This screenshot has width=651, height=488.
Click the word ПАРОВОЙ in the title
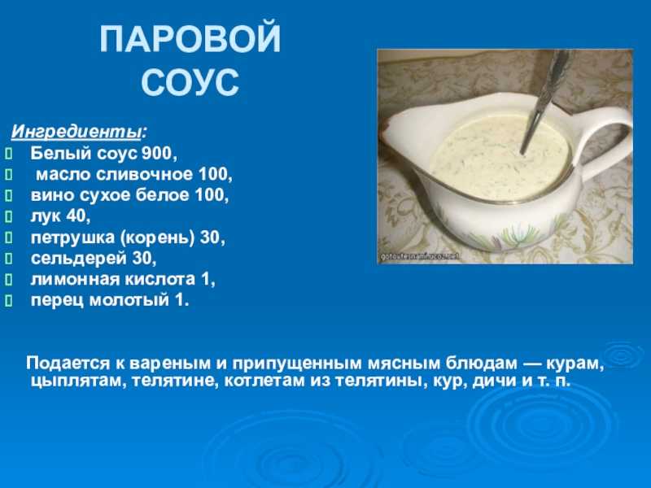(190, 39)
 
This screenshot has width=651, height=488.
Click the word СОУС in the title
(190, 81)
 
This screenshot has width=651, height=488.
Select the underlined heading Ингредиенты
(76, 132)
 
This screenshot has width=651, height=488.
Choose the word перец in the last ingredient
(57, 301)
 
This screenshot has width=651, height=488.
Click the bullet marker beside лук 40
(9, 216)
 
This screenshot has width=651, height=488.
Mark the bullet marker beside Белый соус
(9, 155)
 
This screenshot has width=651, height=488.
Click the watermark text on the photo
(420, 257)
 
